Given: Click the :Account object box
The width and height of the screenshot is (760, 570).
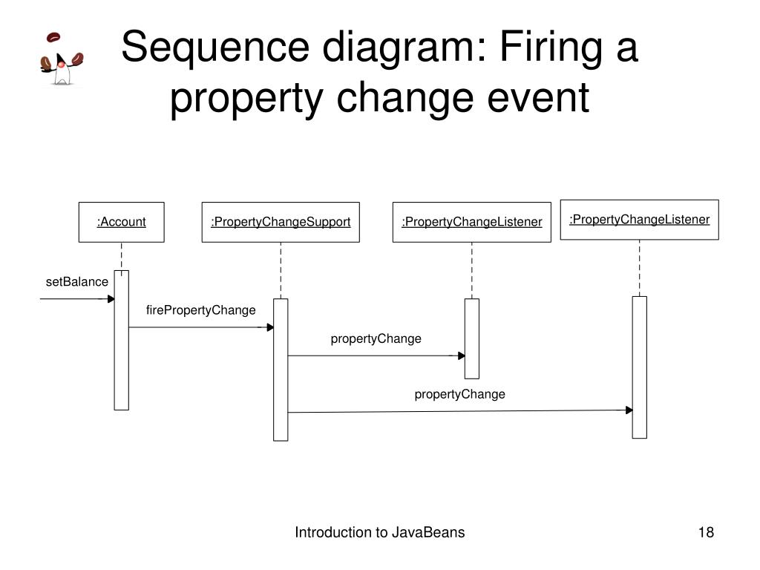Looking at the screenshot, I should point(121,222).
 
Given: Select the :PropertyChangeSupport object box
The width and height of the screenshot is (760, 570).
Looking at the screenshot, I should point(281,222).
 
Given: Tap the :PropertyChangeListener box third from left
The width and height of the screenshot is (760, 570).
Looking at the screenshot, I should point(471,222).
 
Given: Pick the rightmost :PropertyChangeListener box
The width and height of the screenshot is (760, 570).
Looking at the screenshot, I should point(639,220).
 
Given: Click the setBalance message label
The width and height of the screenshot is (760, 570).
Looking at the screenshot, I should point(76,282).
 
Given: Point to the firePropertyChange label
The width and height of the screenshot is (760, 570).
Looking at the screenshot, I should point(200,309).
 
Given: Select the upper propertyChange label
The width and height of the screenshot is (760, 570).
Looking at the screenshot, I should point(376,338).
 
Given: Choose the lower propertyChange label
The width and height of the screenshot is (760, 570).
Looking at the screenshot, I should point(459,394).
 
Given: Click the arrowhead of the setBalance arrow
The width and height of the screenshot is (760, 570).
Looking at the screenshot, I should point(111,299).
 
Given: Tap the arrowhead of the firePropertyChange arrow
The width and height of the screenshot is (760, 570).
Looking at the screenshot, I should point(270,327).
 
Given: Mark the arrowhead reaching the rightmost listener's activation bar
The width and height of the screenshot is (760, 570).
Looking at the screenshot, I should point(629,410).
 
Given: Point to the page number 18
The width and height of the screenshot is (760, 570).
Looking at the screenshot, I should point(705,532).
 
